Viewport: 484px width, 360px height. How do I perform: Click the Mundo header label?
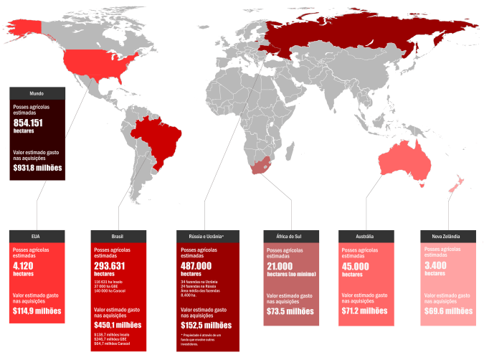[37, 93]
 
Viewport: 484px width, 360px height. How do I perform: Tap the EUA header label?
[37, 236]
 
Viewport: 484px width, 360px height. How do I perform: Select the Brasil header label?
[118, 236]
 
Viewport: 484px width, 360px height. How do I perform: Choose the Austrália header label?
[365, 236]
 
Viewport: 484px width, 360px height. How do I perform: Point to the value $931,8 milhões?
[37, 167]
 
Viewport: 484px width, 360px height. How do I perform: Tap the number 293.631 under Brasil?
[114, 266]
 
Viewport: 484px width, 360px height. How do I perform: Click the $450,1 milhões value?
[118, 324]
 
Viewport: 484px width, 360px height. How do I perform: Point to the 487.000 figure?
[201, 265]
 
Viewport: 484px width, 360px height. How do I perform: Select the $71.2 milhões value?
[364, 311]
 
